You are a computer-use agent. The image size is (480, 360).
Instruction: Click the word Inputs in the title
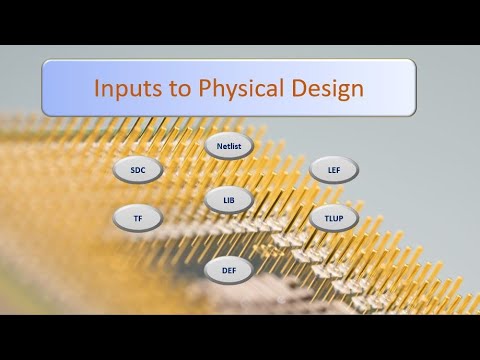pyautogui.click(x=126, y=87)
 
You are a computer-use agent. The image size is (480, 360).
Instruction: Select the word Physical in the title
pyautogui.click(x=234, y=87)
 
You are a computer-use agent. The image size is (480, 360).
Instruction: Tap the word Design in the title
pyautogui.click(x=324, y=87)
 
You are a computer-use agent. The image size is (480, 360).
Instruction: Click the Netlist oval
pyautogui.click(x=229, y=146)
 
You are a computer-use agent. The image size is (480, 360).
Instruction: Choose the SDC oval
pyautogui.click(x=137, y=170)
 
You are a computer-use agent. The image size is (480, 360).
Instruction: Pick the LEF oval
pyautogui.click(x=333, y=170)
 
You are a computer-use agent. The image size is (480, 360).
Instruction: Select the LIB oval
pyautogui.click(x=229, y=200)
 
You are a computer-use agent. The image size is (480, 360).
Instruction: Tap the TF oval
pyautogui.click(x=137, y=218)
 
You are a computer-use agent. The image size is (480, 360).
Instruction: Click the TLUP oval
pyautogui.click(x=333, y=218)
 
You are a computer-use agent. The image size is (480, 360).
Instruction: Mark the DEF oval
pyautogui.click(x=229, y=270)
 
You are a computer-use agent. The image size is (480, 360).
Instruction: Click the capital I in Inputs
pyautogui.click(x=97, y=87)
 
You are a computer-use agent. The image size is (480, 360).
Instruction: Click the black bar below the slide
pyautogui.click(x=240, y=337)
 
